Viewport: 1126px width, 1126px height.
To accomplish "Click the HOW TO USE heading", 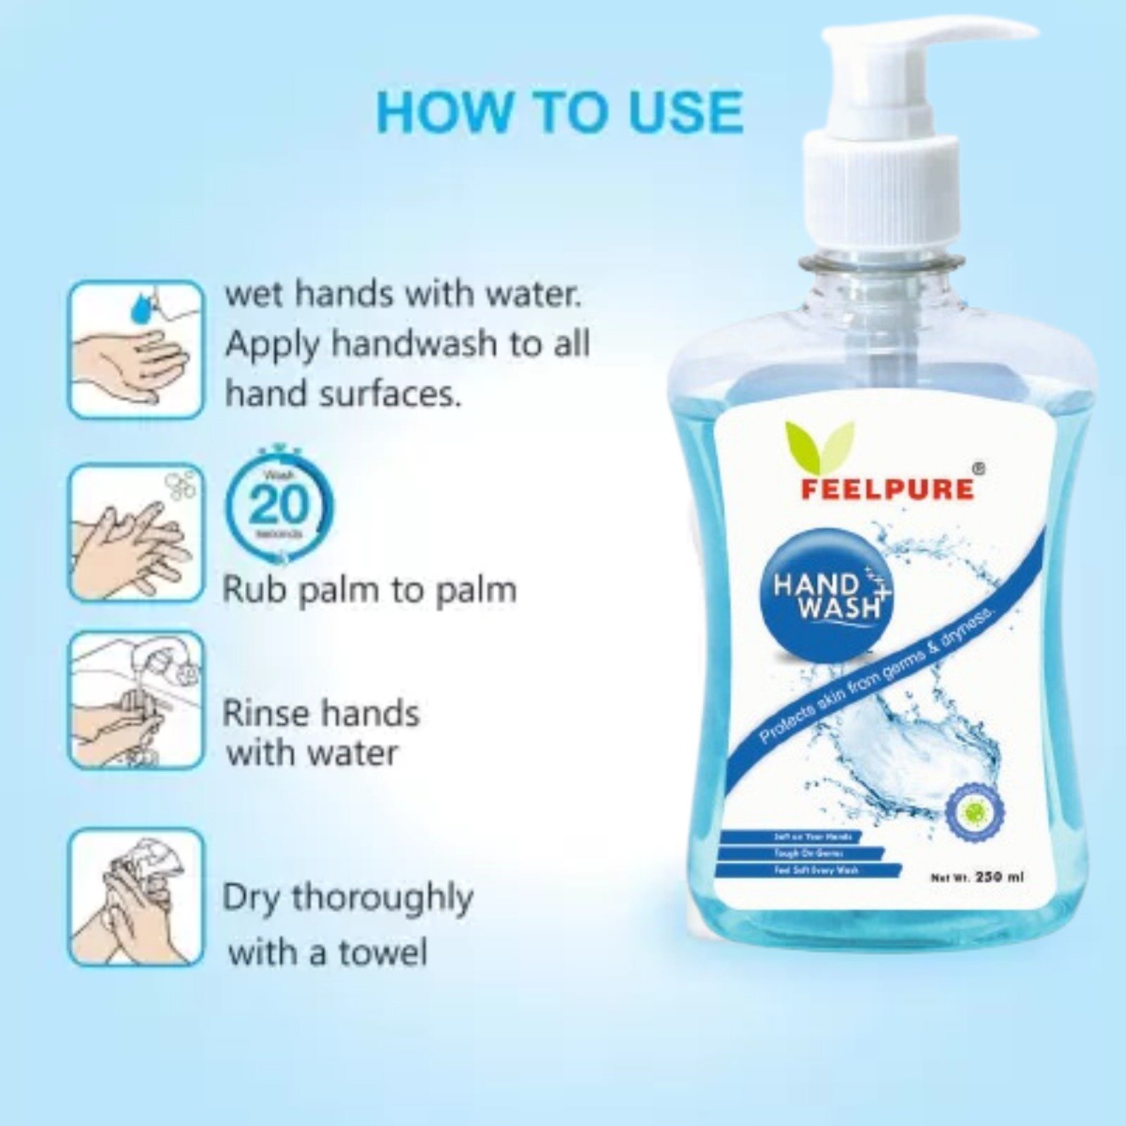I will [559, 111].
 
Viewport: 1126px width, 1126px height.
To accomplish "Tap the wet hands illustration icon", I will [135, 349].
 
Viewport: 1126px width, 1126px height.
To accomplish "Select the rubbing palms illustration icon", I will [135, 533].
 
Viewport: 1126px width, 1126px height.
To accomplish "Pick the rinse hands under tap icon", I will [135, 700].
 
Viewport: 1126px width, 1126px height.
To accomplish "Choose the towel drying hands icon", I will [135, 897].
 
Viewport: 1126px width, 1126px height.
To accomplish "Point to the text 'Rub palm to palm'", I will [369, 590].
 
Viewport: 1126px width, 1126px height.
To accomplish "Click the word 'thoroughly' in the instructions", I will [382, 899].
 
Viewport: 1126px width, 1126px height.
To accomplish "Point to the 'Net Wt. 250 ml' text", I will [977, 877].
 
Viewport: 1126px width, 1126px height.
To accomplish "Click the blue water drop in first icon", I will [144, 304].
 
